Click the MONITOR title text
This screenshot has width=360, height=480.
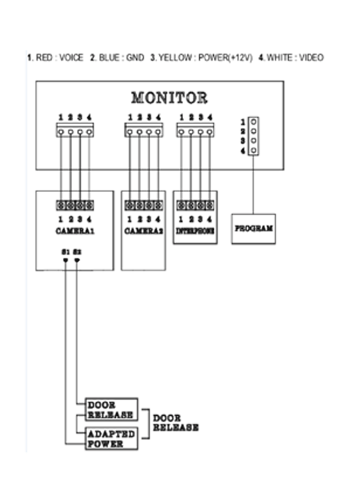[x=169, y=97]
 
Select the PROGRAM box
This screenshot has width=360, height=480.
[x=253, y=229]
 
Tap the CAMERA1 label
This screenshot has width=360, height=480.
[x=75, y=231]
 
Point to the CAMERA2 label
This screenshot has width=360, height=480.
[x=143, y=231]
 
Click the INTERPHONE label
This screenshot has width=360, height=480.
[x=195, y=231]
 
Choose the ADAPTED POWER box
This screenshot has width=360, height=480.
[x=112, y=439]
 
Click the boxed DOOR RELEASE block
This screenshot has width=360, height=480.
[x=112, y=410]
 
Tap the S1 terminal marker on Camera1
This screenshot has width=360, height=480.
[x=65, y=260]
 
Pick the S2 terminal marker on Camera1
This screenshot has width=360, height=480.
[x=77, y=260]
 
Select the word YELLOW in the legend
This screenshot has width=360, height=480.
[x=175, y=58]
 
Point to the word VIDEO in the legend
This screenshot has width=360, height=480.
[x=311, y=58]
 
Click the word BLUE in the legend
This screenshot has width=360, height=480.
[x=109, y=58]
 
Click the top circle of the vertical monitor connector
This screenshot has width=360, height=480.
[x=254, y=121]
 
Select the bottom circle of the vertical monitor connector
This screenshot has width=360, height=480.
[x=254, y=150]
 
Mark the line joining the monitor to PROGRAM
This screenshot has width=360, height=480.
[x=254, y=185]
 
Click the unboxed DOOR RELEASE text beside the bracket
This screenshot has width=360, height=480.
[x=176, y=423]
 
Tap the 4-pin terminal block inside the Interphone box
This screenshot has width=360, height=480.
[x=195, y=205]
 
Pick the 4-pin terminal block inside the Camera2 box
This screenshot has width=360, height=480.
[x=143, y=205]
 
